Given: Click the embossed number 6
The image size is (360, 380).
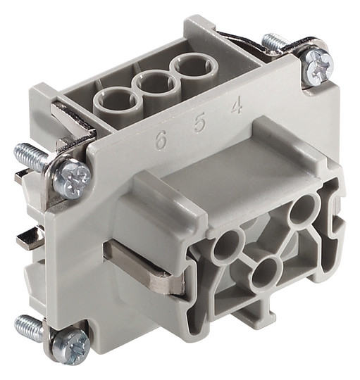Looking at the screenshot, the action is click(x=161, y=139).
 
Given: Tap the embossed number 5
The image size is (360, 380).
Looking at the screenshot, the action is click(x=199, y=123).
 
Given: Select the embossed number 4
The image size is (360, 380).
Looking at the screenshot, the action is click(x=236, y=105).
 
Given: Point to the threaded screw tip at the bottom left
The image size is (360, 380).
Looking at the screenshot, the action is click(x=29, y=325).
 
